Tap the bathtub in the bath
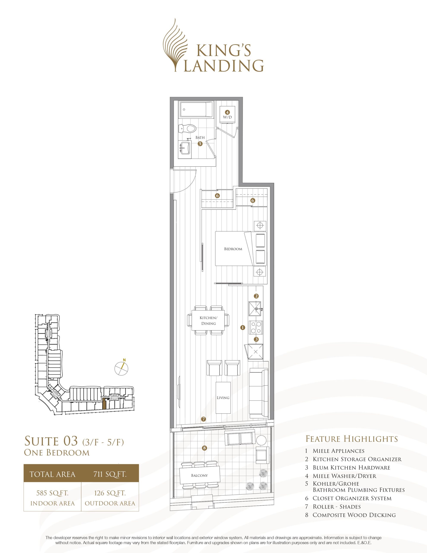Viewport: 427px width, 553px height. (196, 109)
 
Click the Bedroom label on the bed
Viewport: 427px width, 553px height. (233, 249)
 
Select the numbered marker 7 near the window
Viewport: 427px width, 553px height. (204, 419)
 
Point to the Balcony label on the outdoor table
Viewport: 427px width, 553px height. (199, 475)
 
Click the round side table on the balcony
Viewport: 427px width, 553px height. (261, 440)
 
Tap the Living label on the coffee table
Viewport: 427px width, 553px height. (223, 398)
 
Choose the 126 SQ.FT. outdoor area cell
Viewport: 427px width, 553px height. (110, 497)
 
